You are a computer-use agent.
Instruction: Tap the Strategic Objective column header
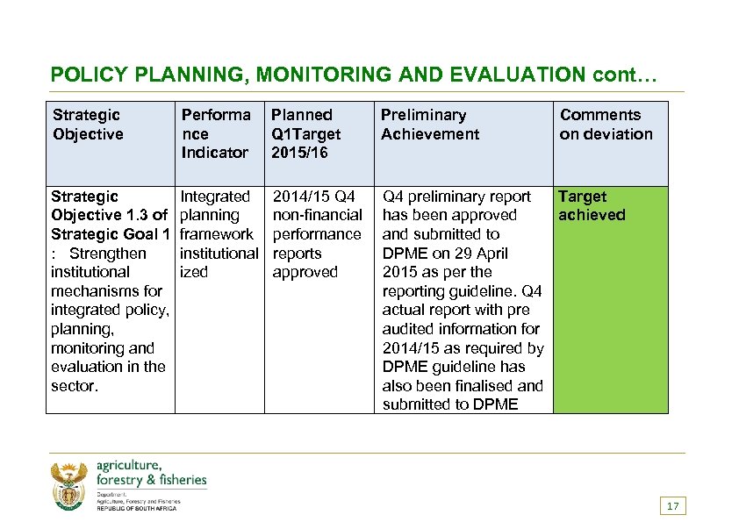88,125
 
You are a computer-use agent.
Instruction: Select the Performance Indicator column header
216,133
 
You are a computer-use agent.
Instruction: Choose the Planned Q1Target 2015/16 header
305,133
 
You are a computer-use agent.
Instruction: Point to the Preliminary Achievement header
430,125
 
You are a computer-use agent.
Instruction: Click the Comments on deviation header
606,125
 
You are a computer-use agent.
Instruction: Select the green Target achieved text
592,206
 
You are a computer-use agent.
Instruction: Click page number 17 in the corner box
673,506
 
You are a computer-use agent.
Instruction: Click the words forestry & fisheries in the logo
152,480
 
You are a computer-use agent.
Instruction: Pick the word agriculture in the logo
129,466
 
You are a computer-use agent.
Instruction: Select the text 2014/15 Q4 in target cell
314,197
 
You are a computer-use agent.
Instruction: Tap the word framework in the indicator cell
216,234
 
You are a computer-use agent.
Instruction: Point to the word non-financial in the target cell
318,215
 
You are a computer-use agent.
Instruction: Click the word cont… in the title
625,75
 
